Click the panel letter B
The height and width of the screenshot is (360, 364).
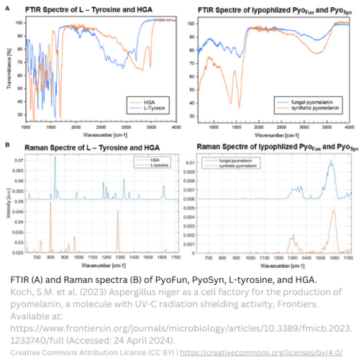point(7,145)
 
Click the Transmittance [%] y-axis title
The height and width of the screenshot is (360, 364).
point(8,68)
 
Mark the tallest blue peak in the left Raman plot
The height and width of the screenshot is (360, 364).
point(55,158)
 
